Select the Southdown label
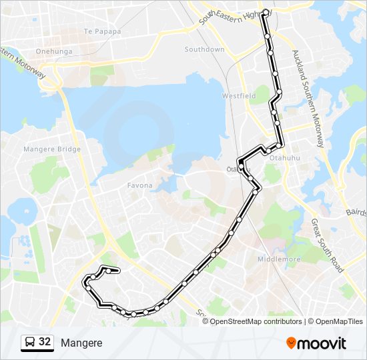(204, 50)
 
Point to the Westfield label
(239, 96)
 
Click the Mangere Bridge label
(52, 150)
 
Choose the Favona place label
(140, 185)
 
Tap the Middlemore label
(279, 259)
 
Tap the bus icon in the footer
(29, 343)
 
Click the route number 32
(45, 342)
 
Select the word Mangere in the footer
(81, 343)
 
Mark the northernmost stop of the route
(266, 12)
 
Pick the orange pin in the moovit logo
(291, 343)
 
